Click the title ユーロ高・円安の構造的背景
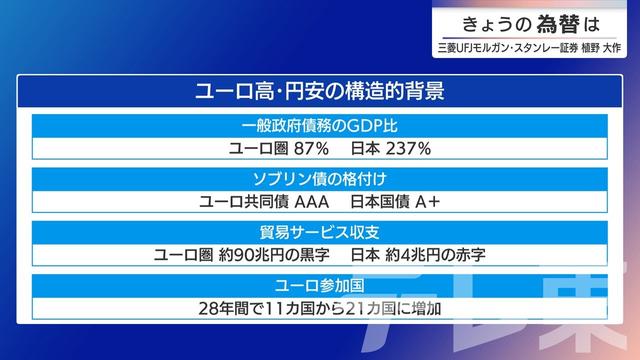coord(319,91)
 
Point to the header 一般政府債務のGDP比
coord(319,127)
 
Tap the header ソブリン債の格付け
coord(319,180)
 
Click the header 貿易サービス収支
coord(319,233)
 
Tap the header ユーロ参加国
coord(319,285)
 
